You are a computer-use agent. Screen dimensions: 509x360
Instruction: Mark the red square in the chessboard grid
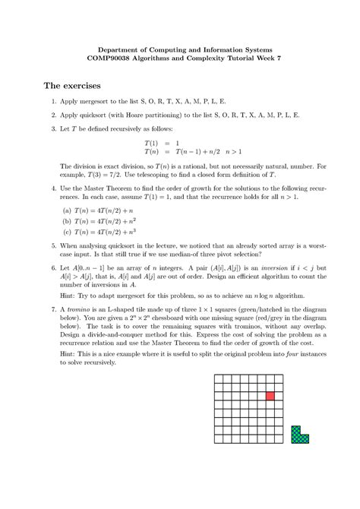pos(270,396)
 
